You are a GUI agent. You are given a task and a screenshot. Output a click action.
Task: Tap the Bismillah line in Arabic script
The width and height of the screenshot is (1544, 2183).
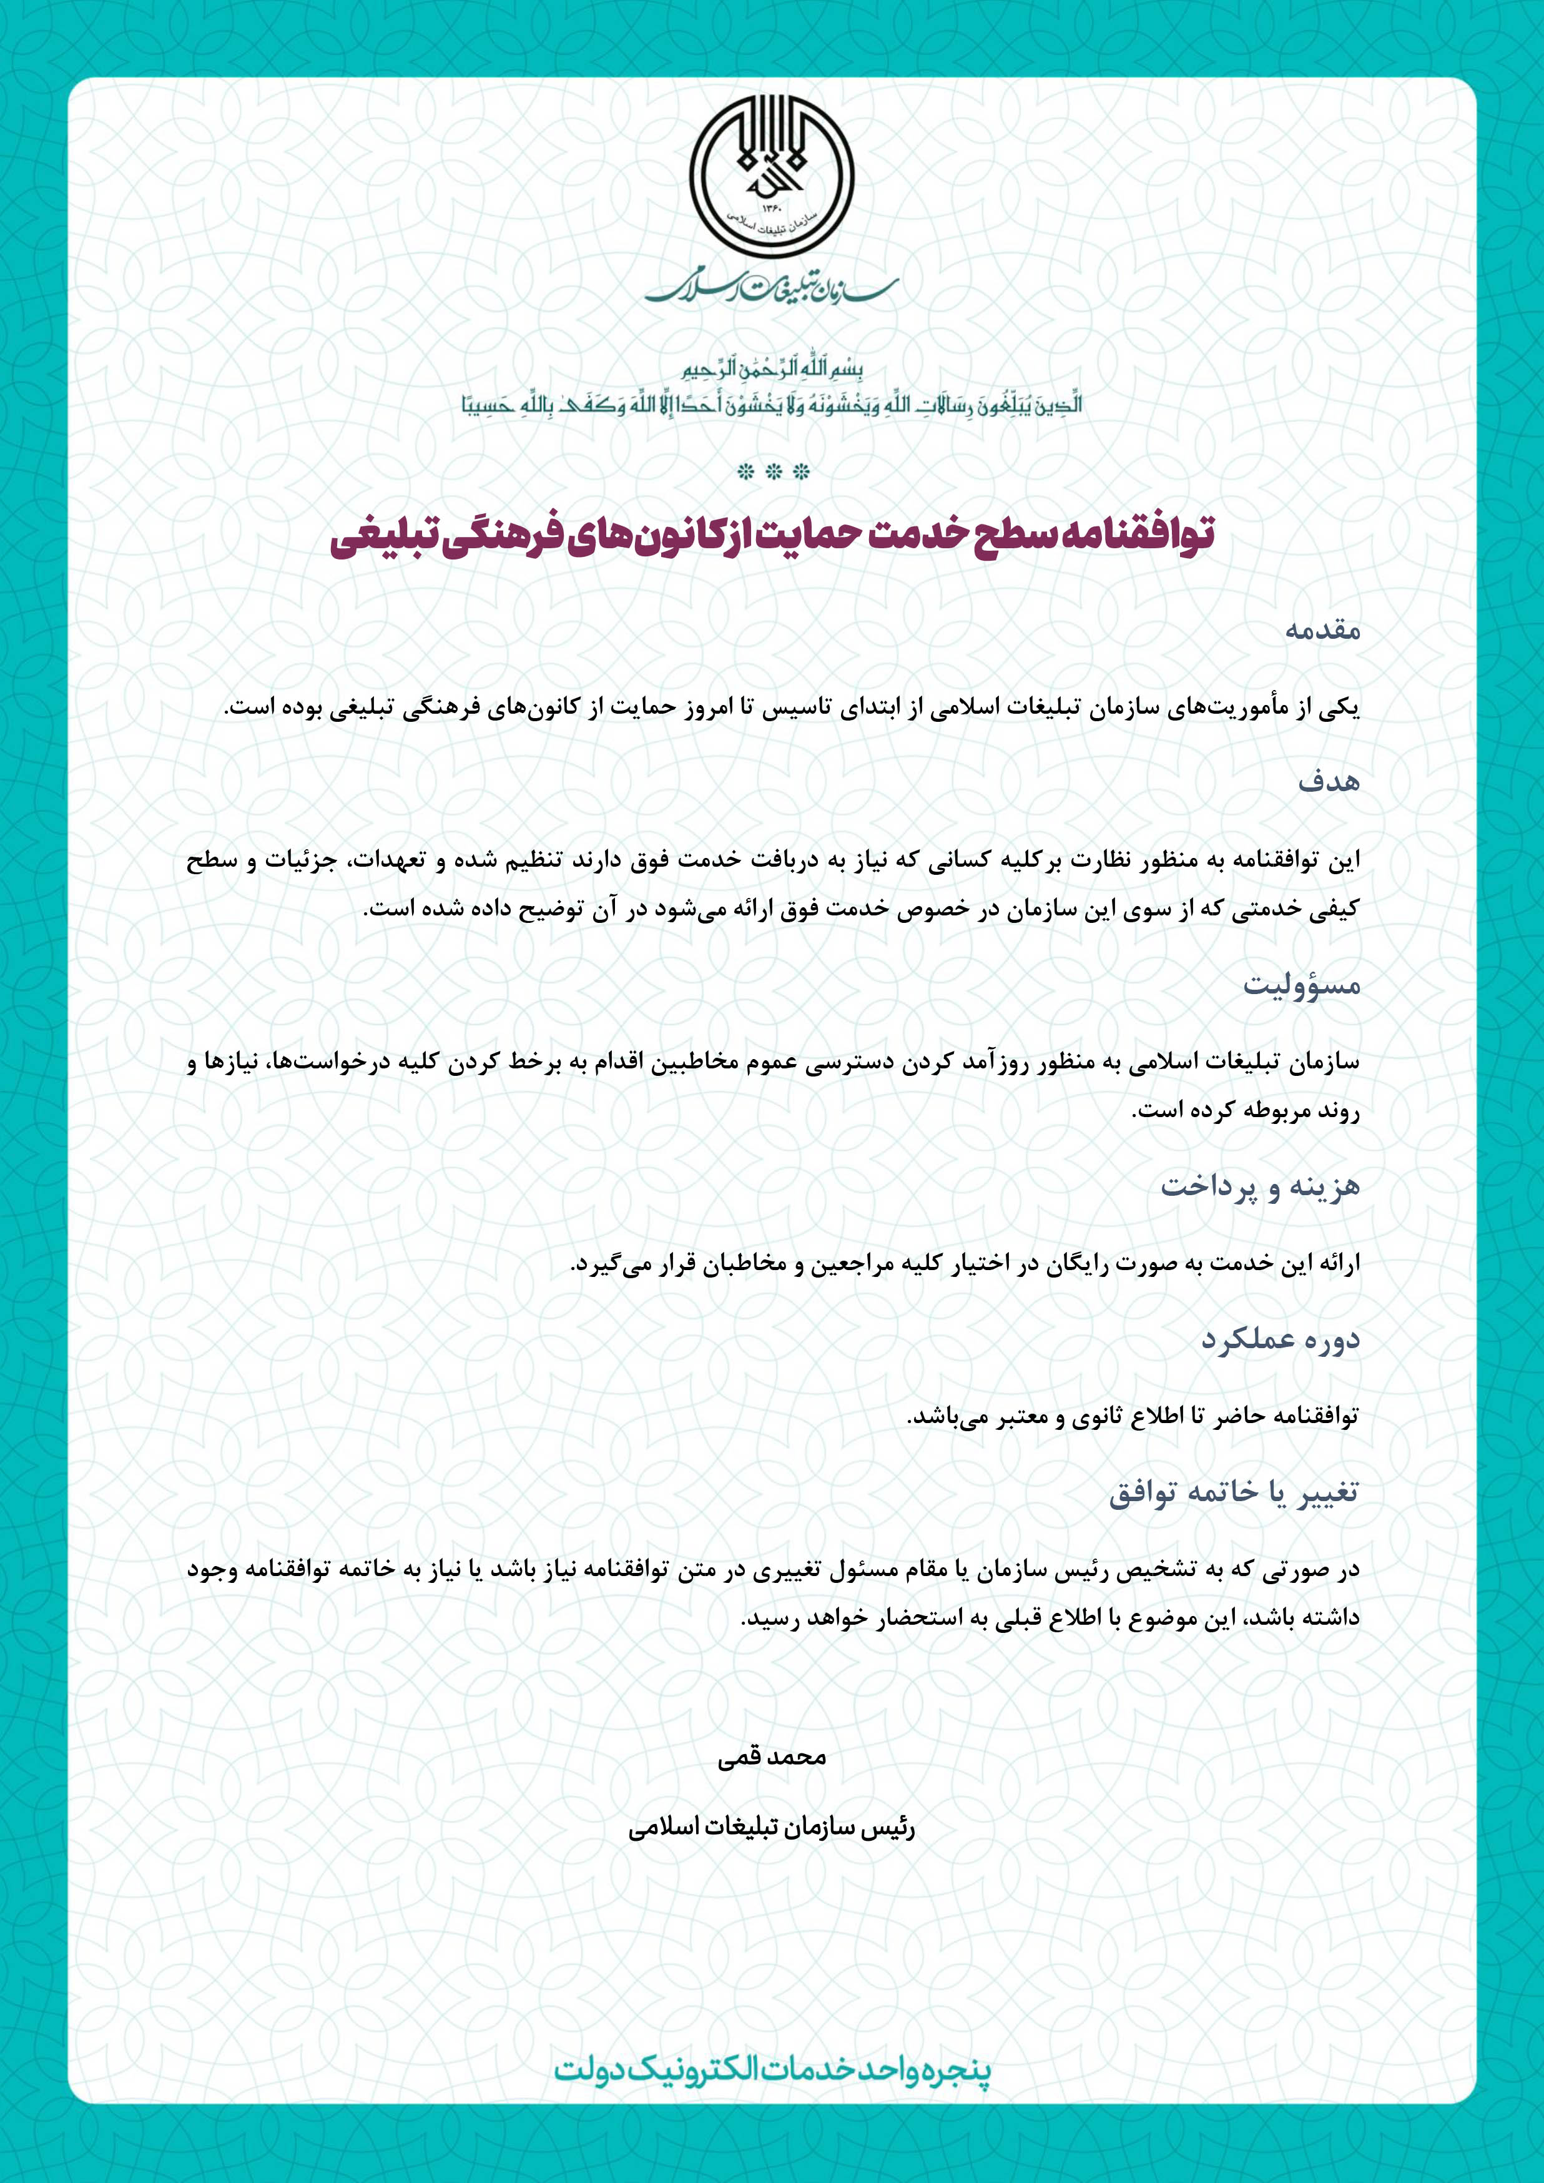click(x=772, y=369)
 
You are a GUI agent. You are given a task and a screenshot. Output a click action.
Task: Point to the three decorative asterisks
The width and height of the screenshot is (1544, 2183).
click(x=772, y=471)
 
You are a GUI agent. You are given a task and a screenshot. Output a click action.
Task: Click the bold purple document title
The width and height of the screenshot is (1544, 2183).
click(x=772, y=535)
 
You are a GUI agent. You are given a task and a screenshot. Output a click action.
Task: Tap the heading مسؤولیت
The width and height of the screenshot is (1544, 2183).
click(x=1302, y=985)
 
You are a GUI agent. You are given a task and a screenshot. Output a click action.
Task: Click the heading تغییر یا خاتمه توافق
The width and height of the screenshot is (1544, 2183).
click(x=1234, y=1492)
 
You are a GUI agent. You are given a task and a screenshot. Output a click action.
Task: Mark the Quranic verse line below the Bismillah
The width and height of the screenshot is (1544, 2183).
click(x=772, y=404)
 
